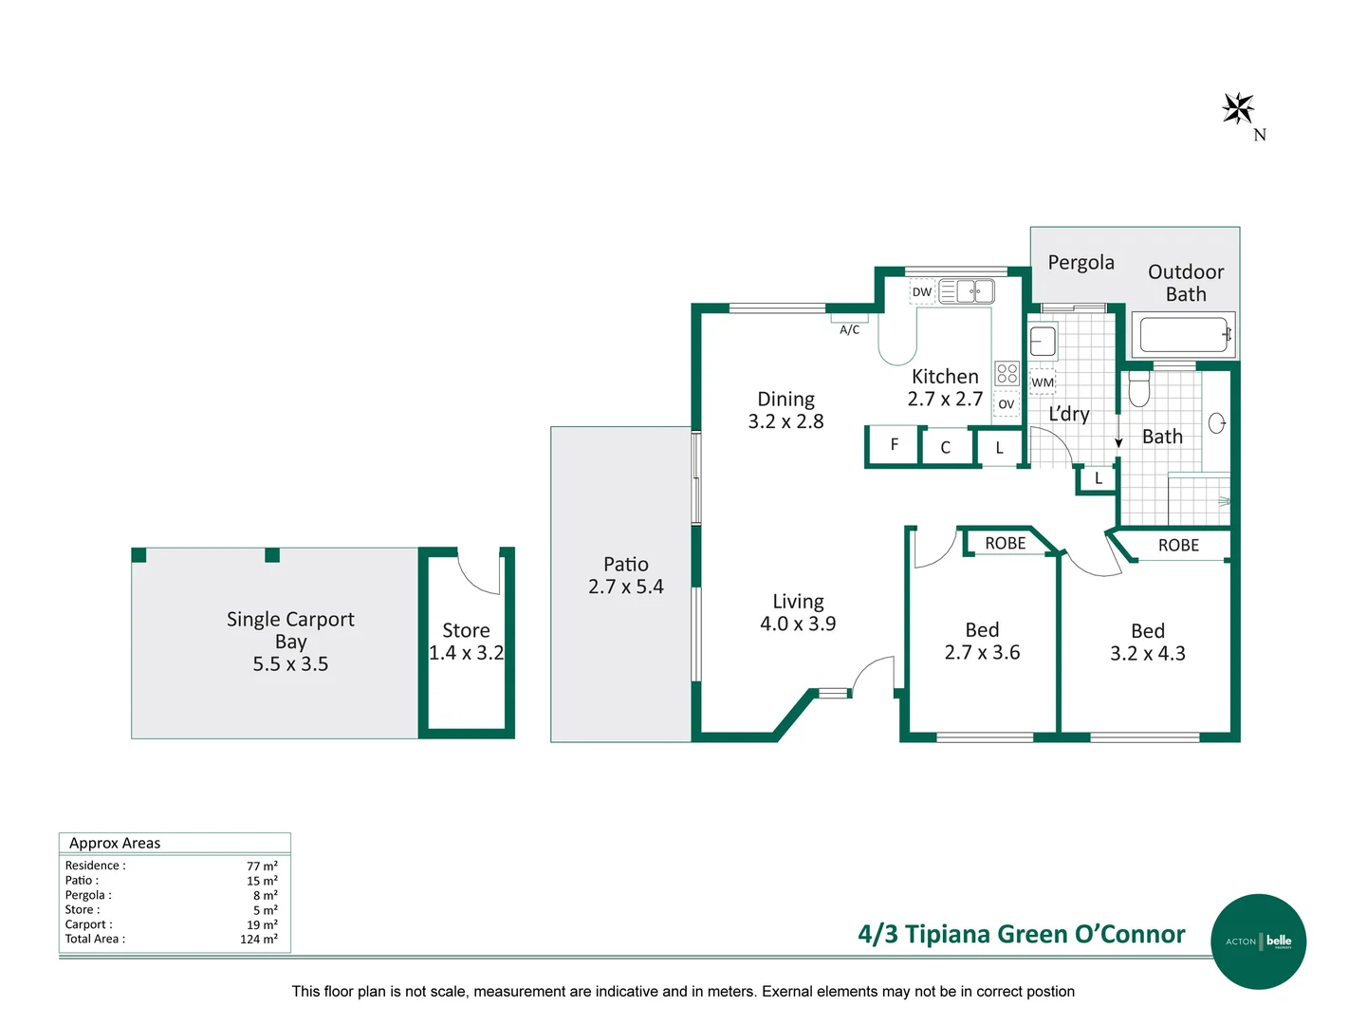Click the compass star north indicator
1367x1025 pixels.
(x=1238, y=109)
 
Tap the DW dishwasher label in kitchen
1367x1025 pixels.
(x=921, y=292)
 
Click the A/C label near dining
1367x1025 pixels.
(x=849, y=330)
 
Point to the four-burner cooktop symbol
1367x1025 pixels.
(x=1007, y=373)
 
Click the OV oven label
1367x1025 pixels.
(x=1007, y=404)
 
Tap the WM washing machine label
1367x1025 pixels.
(x=1043, y=382)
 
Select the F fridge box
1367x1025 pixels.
(x=894, y=445)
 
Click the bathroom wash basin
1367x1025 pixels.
(x=1217, y=423)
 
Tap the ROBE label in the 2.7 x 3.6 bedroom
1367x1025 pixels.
(x=1005, y=543)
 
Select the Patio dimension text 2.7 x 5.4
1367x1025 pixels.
(x=625, y=587)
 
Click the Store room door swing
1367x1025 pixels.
(x=479, y=572)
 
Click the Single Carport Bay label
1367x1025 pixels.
(x=290, y=630)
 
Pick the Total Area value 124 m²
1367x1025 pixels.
(x=259, y=940)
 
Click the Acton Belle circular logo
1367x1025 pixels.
(x=1259, y=941)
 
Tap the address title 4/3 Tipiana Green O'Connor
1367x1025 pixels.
(x=1021, y=935)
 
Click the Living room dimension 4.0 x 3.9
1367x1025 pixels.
(x=798, y=624)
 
